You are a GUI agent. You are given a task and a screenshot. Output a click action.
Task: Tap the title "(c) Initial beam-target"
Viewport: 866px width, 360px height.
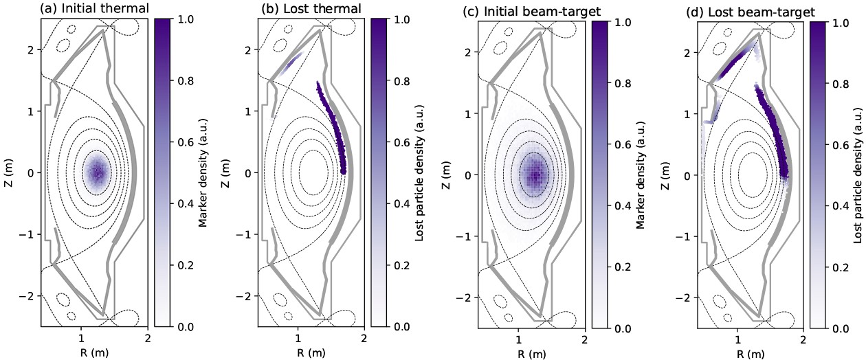coord(520,12)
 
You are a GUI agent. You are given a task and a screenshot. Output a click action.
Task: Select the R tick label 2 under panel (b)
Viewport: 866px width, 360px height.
coord(363,337)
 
